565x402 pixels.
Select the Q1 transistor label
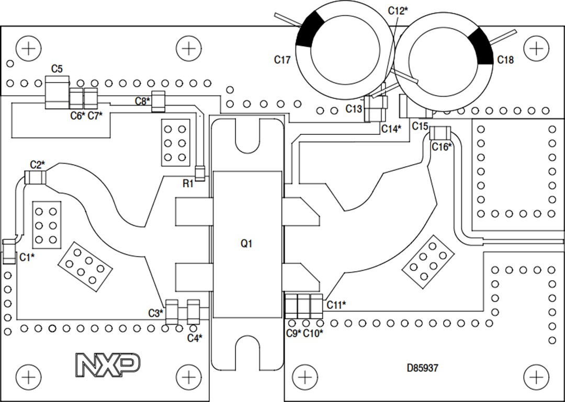(246, 244)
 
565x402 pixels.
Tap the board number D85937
(422, 368)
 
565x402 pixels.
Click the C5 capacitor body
(56, 92)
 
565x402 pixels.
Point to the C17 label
(282, 60)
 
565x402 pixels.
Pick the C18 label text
(505, 60)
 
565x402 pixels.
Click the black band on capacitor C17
(311, 29)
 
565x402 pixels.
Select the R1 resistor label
(188, 183)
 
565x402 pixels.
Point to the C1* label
(27, 257)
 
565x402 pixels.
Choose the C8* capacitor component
(158, 101)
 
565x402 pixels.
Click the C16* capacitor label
(442, 147)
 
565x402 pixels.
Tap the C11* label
(336, 304)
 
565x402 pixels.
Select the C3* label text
(155, 313)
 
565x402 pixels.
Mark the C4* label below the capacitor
(195, 338)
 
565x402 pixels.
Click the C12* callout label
(399, 10)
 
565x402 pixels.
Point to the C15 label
(420, 126)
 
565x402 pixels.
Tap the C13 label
(354, 109)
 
